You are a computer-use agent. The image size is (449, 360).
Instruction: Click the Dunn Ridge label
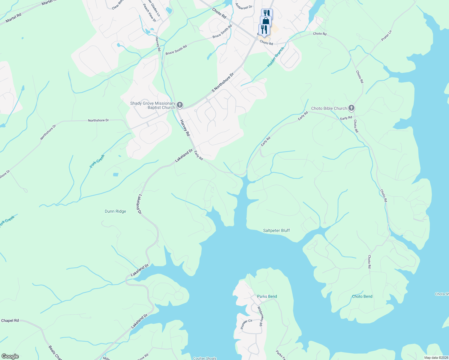(x=115, y=211)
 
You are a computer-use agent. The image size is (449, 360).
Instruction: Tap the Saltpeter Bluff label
(x=276, y=231)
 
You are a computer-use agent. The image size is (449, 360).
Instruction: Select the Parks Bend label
(x=267, y=297)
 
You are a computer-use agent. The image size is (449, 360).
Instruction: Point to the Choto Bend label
(x=362, y=297)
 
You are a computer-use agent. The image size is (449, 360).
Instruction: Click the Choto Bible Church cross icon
(x=351, y=108)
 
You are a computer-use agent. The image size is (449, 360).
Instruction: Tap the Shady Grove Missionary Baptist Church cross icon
(x=179, y=105)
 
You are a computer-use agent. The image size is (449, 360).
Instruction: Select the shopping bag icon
(x=266, y=21)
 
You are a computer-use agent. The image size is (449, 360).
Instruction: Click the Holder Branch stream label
(x=276, y=57)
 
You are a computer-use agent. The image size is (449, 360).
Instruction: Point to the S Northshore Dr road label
(x=222, y=82)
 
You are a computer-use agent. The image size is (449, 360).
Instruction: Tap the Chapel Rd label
(x=10, y=321)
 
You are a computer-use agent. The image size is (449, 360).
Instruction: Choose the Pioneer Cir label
(x=246, y=324)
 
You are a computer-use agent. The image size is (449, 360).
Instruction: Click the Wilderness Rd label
(x=260, y=316)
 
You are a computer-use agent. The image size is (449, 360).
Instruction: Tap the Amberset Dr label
(x=244, y=6)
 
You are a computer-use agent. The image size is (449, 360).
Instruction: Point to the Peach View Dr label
(x=149, y=13)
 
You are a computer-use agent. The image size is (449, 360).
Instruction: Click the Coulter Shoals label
(x=205, y=358)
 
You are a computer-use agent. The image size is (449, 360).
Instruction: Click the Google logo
(x=10, y=356)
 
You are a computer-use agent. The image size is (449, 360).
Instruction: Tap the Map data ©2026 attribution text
(x=436, y=358)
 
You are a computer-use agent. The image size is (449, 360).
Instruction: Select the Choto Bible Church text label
(x=329, y=109)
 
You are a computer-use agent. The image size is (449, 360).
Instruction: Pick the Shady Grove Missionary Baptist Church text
(x=153, y=105)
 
